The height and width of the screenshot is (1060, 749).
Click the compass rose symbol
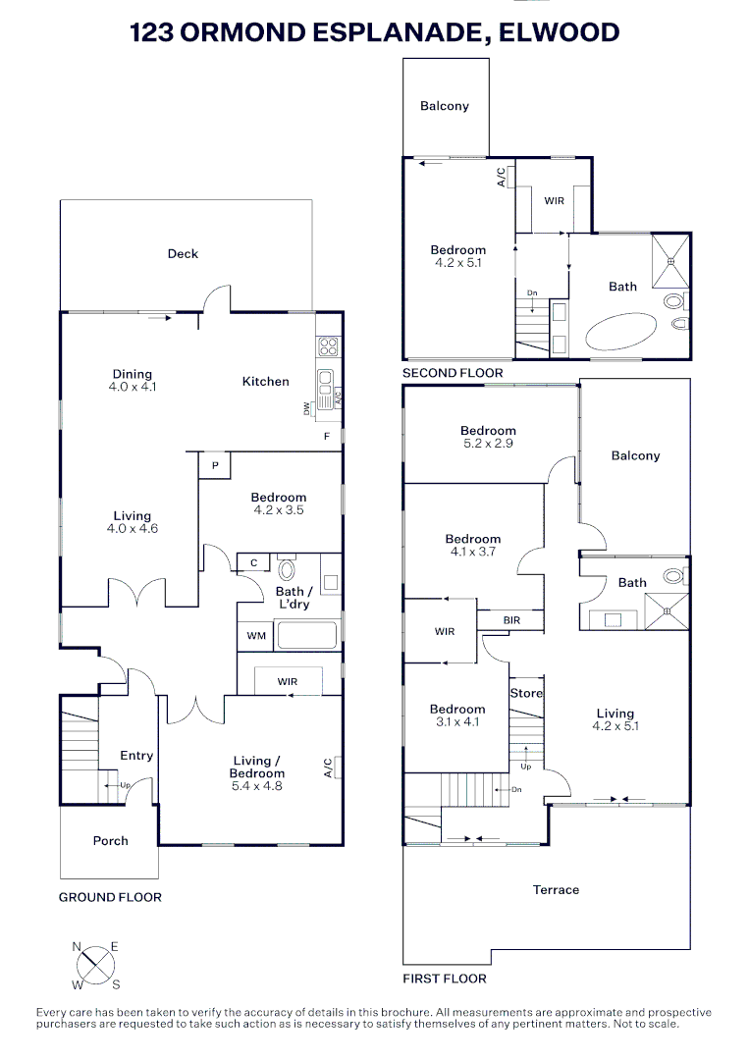pyautogui.click(x=96, y=964)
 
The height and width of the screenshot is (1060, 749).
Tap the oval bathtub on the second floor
pyautogui.click(x=622, y=331)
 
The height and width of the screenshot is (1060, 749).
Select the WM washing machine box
pyautogui.click(x=256, y=636)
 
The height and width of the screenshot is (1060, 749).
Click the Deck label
pyautogui.click(x=183, y=253)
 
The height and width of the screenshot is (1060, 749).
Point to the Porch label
pyautogui.click(x=111, y=840)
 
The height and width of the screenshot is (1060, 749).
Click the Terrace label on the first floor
pyautogui.click(x=556, y=889)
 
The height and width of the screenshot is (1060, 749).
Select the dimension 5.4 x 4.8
pyautogui.click(x=258, y=785)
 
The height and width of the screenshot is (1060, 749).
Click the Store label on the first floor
pyautogui.click(x=525, y=693)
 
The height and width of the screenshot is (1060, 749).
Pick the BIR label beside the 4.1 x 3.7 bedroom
pyautogui.click(x=510, y=620)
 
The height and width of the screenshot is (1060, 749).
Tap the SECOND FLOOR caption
pyautogui.click(x=453, y=373)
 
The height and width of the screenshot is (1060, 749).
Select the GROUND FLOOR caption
pyautogui.click(x=110, y=897)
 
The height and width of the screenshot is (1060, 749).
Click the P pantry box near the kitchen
pyautogui.click(x=215, y=465)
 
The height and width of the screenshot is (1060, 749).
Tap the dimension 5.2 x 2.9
pyautogui.click(x=488, y=444)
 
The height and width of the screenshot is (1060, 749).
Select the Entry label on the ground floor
pyautogui.click(x=136, y=755)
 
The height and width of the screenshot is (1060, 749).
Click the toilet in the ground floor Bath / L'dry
pyautogui.click(x=288, y=570)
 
